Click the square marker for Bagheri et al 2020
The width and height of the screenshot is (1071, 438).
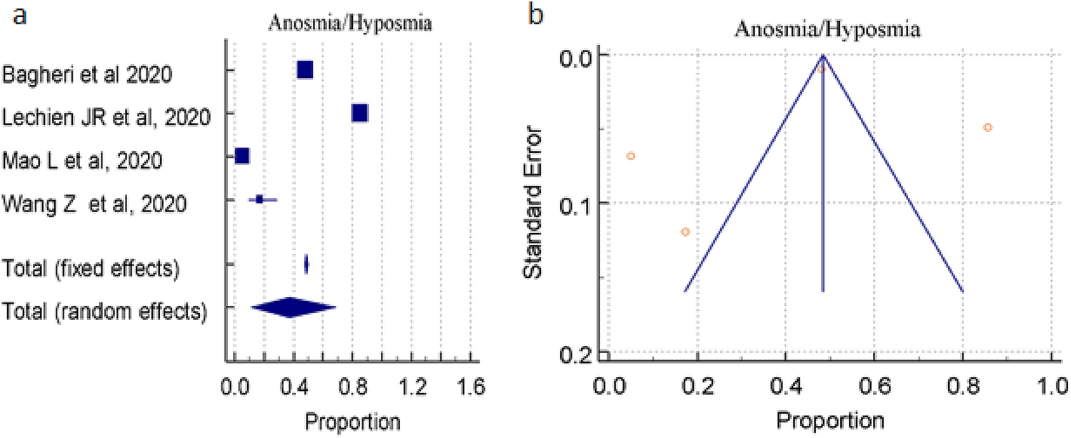click(x=305, y=69)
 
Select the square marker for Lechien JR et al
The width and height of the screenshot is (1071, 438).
click(x=359, y=113)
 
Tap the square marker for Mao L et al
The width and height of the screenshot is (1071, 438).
click(x=242, y=156)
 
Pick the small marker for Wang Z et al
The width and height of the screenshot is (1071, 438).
click(x=260, y=199)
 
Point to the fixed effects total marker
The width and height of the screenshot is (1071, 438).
click(x=307, y=264)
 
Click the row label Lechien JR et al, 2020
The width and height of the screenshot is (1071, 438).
click(x=107, y=116)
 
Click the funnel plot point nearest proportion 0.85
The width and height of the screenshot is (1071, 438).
click(x=987, y=127)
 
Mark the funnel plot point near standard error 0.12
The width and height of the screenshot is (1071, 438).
click(x=685, y=232)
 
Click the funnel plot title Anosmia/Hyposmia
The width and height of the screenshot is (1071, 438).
click(x=827, y=30)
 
